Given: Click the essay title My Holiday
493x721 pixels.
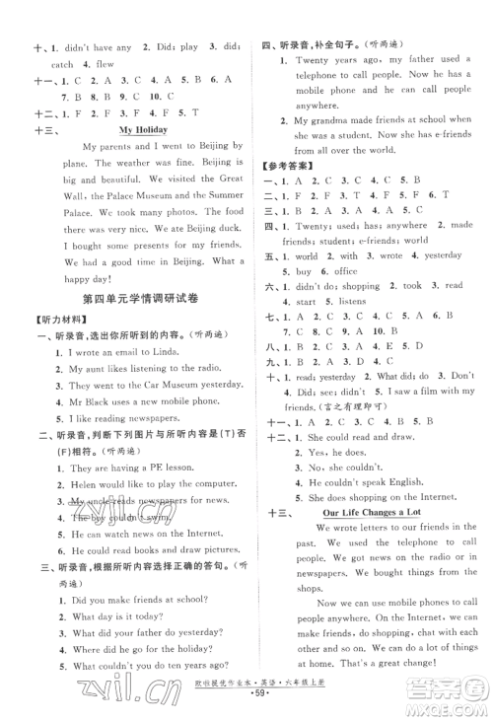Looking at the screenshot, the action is pyautogui.click(x=144, y=129).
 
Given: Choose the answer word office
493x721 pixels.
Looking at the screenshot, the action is pyautogui.click(x=347, y=270).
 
